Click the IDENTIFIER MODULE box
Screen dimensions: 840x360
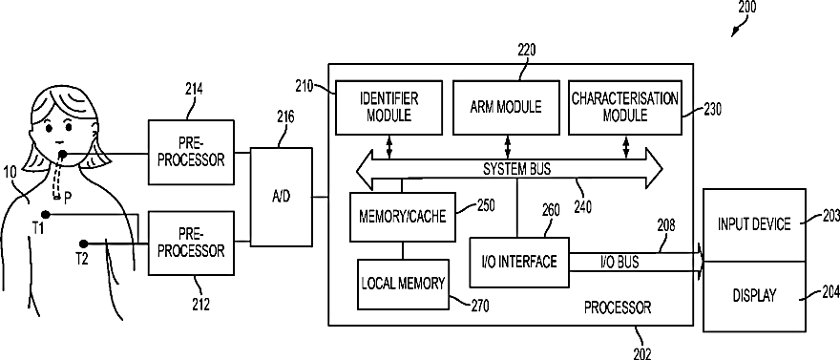(x=388, y=107)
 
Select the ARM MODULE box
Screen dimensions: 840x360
(x=506, y=107)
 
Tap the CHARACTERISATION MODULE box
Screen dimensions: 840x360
(x=624, y=107)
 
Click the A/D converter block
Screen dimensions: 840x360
(x=281, y=197)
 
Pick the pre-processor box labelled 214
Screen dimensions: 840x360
(x=191, y=152)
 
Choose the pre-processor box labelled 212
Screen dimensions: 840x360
(x=191, y=244)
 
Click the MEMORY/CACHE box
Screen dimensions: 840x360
(x=402, y=217)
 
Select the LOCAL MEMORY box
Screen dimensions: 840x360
(x=403, y=284)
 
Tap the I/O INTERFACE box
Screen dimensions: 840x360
(x=518, y=262)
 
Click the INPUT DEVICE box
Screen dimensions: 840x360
(x=754, y=225)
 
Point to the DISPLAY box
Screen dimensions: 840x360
(x=754, y=296)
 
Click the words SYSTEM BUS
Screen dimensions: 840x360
(x=517, y=169)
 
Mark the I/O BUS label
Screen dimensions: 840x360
(x=619, y=263)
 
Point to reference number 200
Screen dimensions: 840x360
(x=746, y=7)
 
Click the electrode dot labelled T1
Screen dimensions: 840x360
(x=46, y=215)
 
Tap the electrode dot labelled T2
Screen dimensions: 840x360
(x=83, y=244)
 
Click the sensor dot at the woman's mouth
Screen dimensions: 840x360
(x=63, y=156)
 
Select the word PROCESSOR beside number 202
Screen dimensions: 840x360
(x=618, y=307)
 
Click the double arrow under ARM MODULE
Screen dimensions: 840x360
(x=507, y=147)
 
